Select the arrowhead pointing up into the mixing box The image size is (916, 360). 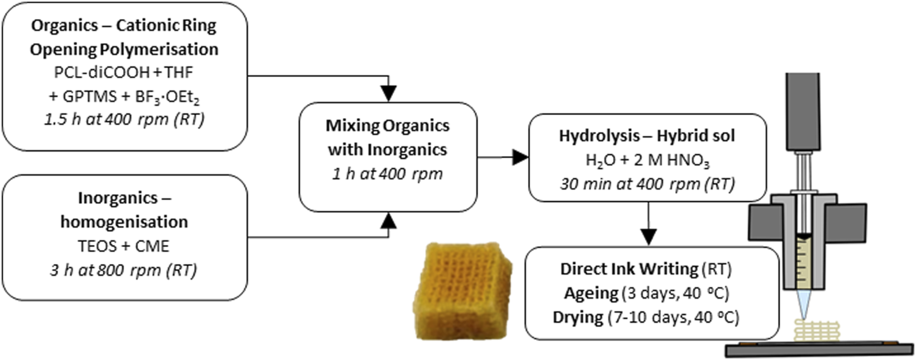click(x=388, y=219)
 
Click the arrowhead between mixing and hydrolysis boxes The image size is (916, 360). click(x=519, y=159)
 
